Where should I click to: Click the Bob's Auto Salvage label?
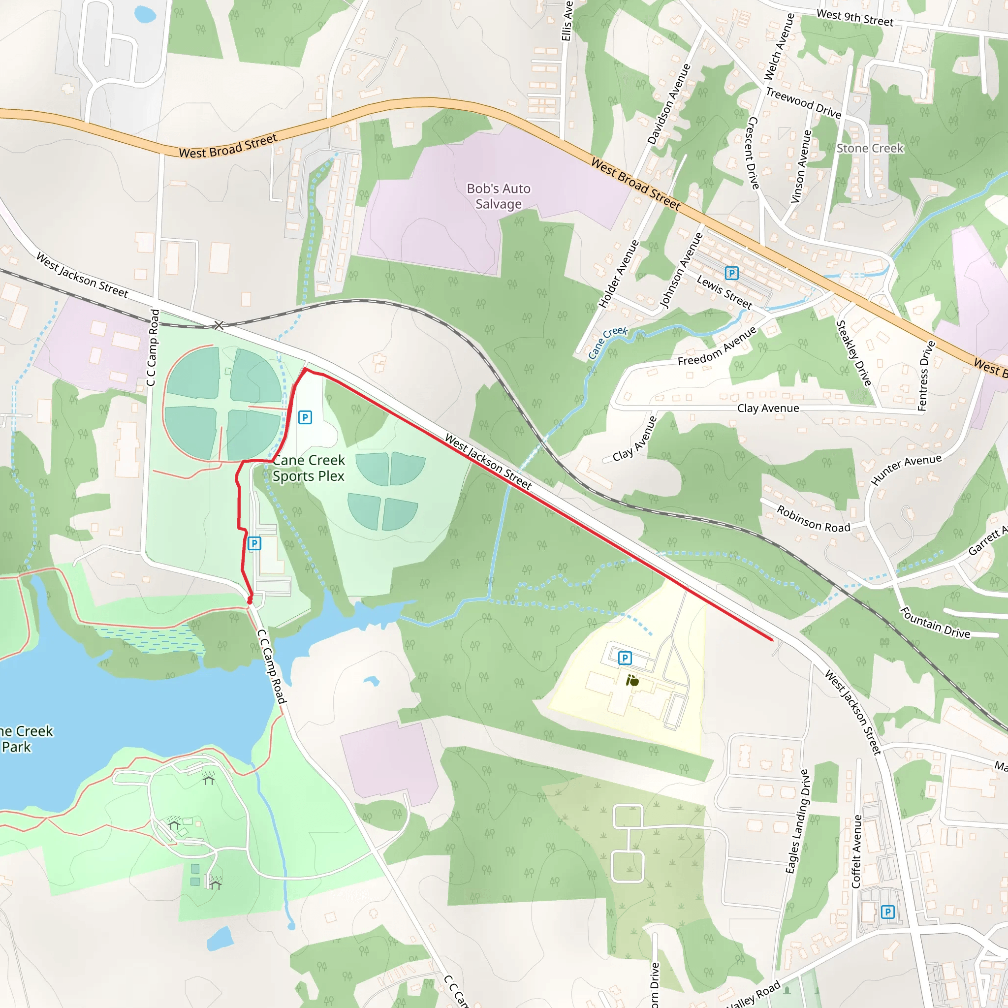click(498, 196)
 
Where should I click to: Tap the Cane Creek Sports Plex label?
click(308, 468)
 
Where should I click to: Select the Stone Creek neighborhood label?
click(870, 149)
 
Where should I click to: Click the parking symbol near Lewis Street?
click(731, 273)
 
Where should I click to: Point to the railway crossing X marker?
click(219, 325)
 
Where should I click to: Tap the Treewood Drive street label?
click(803, 103)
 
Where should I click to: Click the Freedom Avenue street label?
click(717, 346)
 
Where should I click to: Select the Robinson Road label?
click(814, 519)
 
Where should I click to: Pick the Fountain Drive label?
click(935, 623)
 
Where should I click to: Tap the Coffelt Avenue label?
click(856, 851)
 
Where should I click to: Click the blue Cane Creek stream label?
click(607, 342)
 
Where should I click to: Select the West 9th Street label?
click(854, 18)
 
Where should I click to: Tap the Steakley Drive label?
click(853, 353)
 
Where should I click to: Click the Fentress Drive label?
click(926, 376)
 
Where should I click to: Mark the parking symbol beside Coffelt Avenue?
click(887, 913)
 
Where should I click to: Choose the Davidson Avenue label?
click(669, 104)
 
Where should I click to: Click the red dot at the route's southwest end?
click(250, 601)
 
